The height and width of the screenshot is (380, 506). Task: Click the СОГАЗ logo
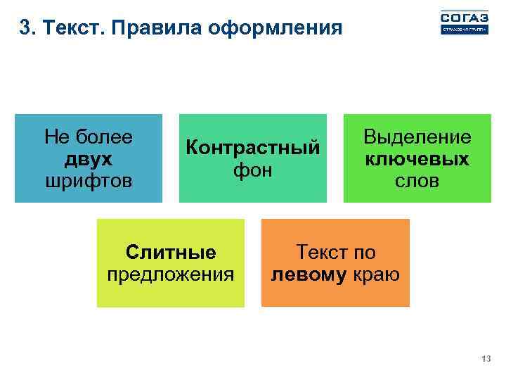coord(464,22)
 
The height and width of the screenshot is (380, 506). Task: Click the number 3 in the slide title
coord(25,28)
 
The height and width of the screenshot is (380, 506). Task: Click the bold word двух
coord(88,158)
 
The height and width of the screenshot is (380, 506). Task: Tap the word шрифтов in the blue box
coord(88,180)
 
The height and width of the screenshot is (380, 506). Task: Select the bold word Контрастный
coord(252,148)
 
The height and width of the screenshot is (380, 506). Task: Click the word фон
coord(253,170)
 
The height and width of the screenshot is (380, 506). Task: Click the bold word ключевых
coord(417,158)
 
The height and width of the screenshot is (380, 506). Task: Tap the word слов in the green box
coord(417,181)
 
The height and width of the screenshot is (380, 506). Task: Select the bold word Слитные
coord(170,252)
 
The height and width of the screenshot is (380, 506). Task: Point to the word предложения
coord(170,274)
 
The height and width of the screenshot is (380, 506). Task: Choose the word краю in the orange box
coord(376,274)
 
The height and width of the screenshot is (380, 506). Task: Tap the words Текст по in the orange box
coord(336,252)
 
